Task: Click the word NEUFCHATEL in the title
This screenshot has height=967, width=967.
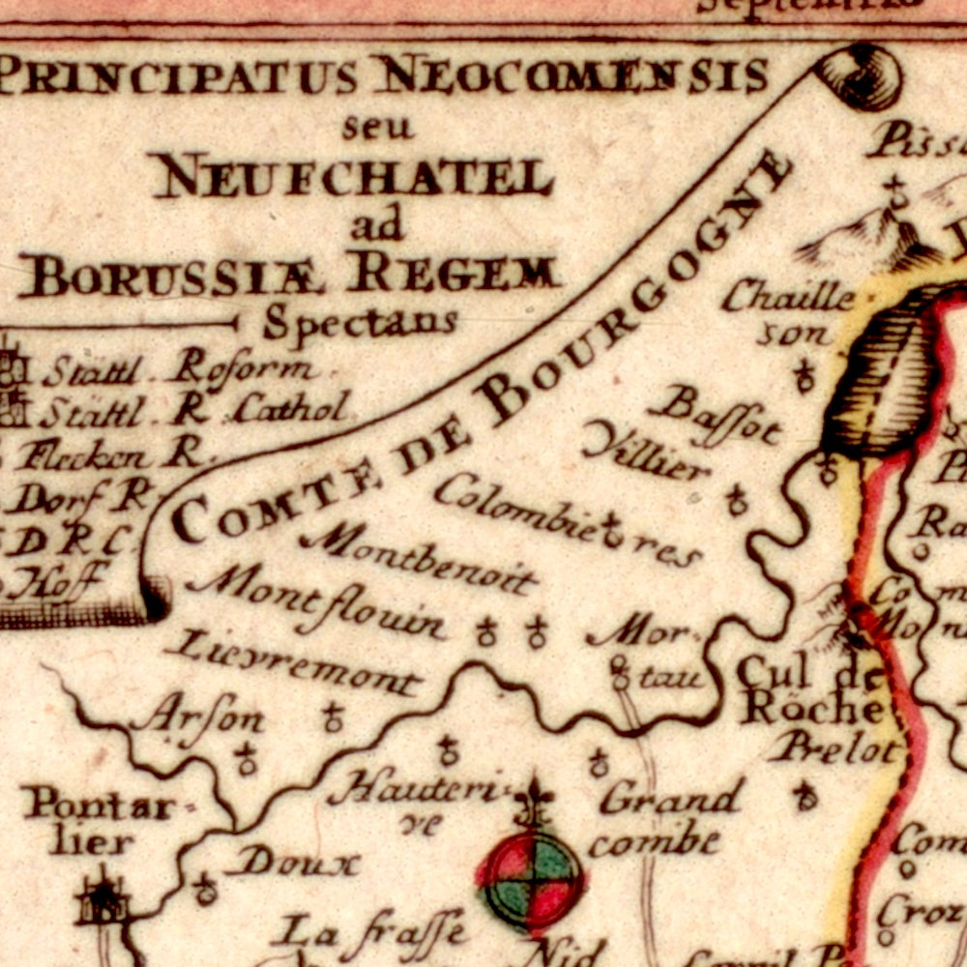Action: [x=353, y=176]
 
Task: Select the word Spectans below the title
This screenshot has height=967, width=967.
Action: [x=360, y=322]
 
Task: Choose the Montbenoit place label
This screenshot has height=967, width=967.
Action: [x=418, y=561]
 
